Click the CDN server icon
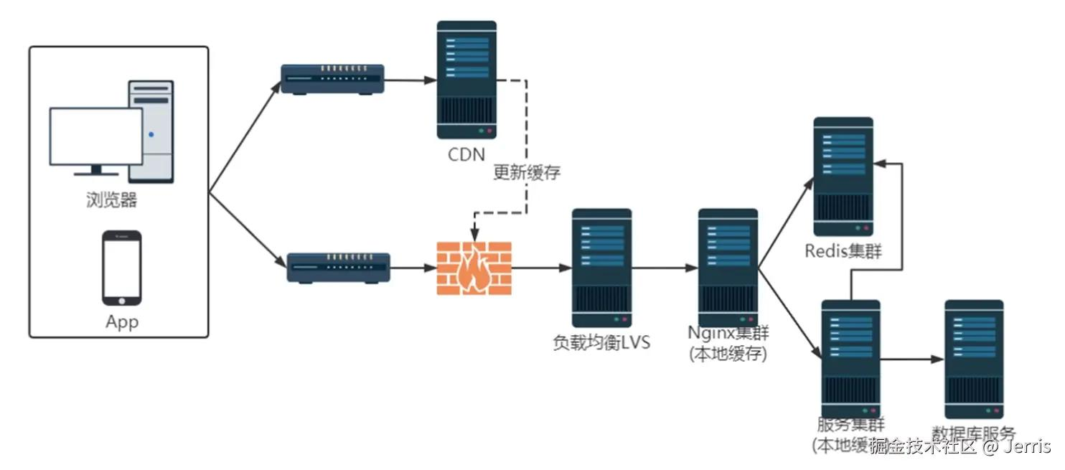click(x=466, y=80)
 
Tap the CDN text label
click(x=466, y=154)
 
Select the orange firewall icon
click(x=474, y=268)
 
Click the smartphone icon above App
click(x=121, y=268)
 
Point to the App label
click(x=121, y=321)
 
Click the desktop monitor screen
click(x=95, y=136)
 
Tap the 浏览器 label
click(x=111, y=199)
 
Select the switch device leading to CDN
click(x=332, y=79)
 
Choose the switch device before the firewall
click(x=338, y=267)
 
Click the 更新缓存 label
click(x=526, y=172)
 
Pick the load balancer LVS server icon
click(x=601, y=268)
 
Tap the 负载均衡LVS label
click(x=601, y=342)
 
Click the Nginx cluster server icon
click(x=728, y=268)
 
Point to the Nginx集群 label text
click(x=728, y=333)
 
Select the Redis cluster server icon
click(x=843, y=176)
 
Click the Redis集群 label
click(x=843, y=251)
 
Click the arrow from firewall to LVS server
click(x=542, y=268)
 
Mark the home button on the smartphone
click(x=121, y=299)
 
